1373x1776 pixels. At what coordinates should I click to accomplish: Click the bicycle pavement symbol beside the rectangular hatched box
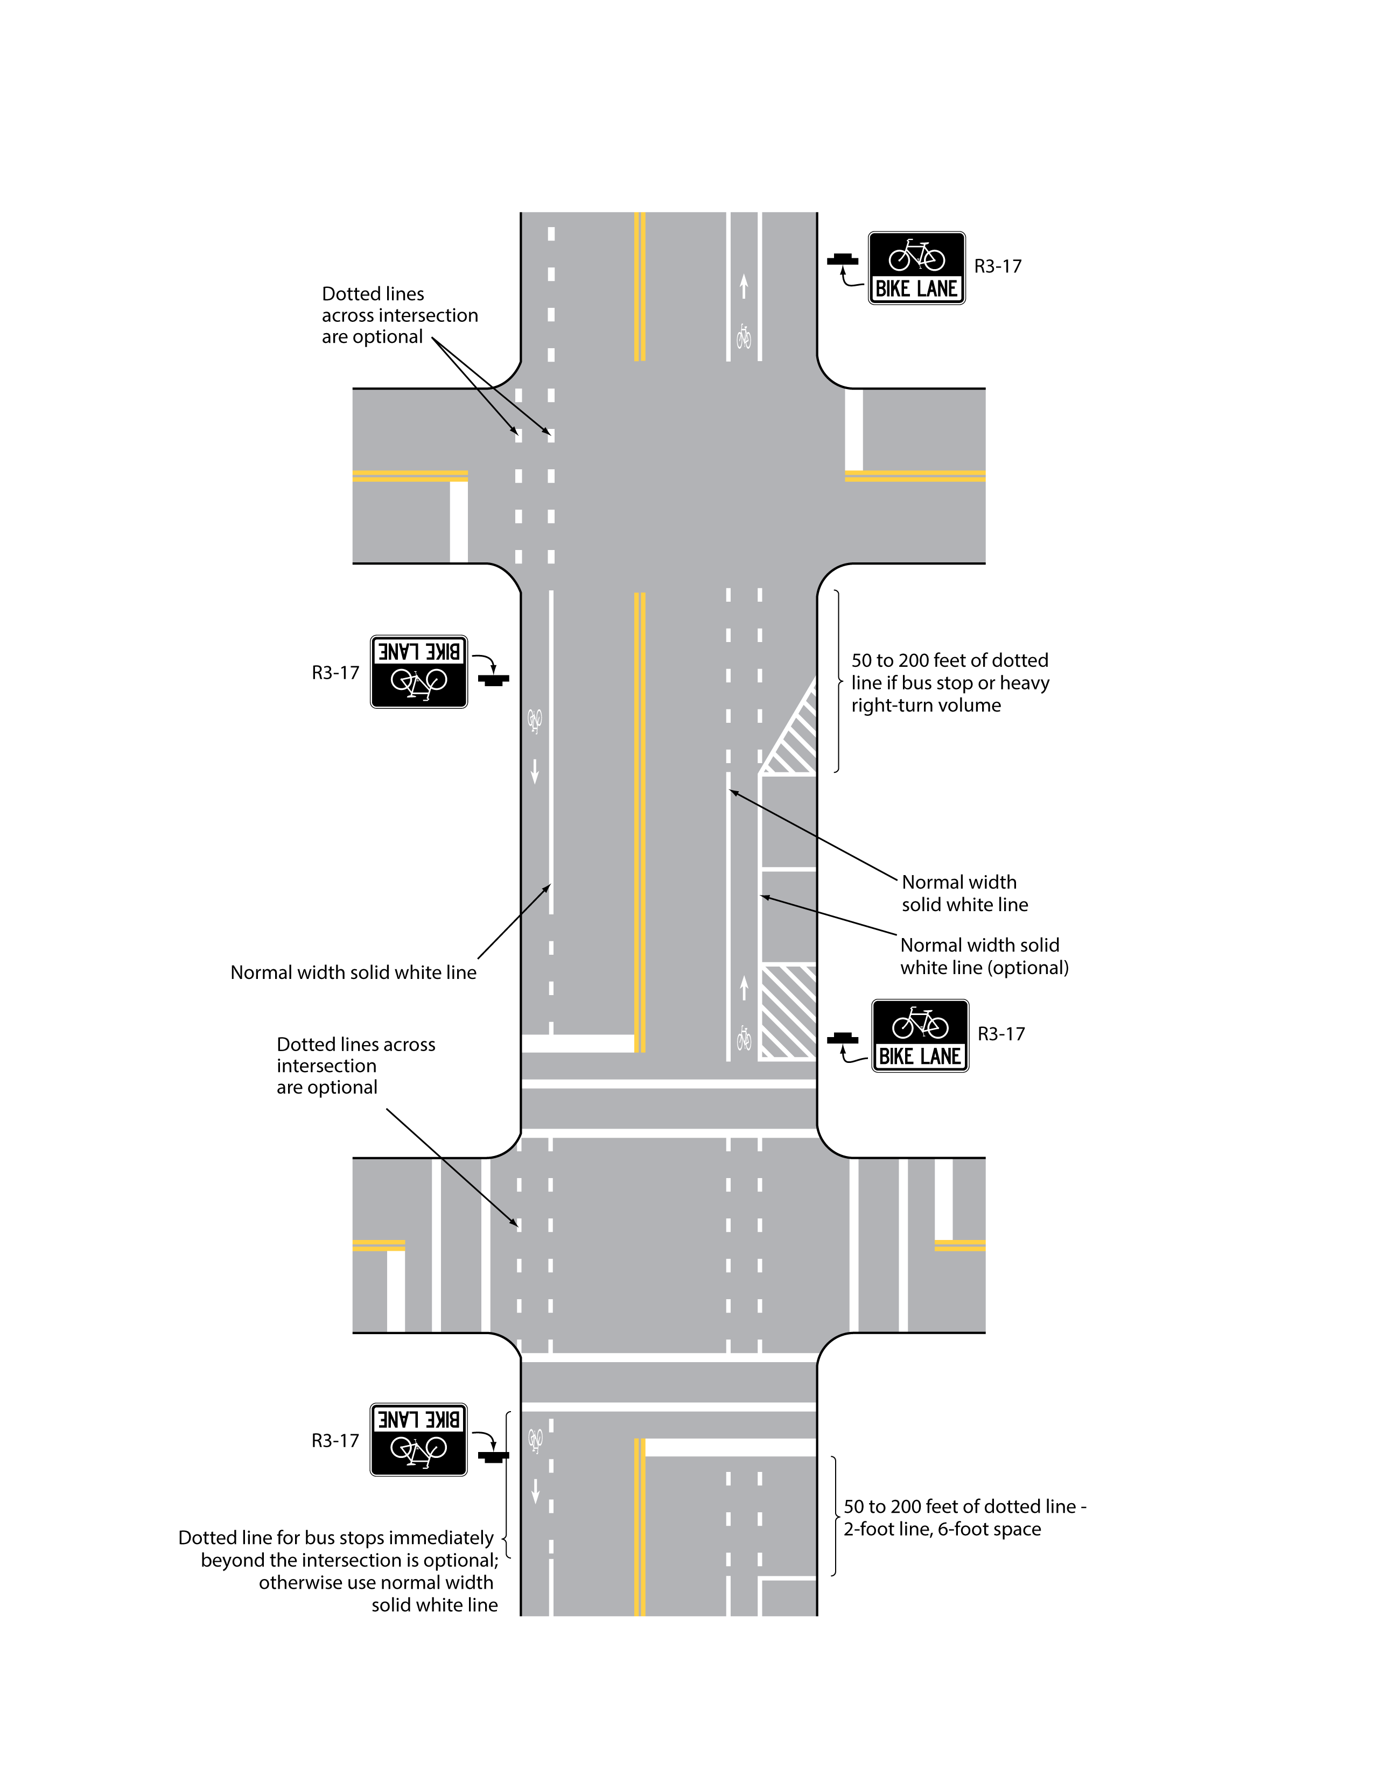coord(744,1038)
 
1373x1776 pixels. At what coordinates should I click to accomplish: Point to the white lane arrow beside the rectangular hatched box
coord(744,988)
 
